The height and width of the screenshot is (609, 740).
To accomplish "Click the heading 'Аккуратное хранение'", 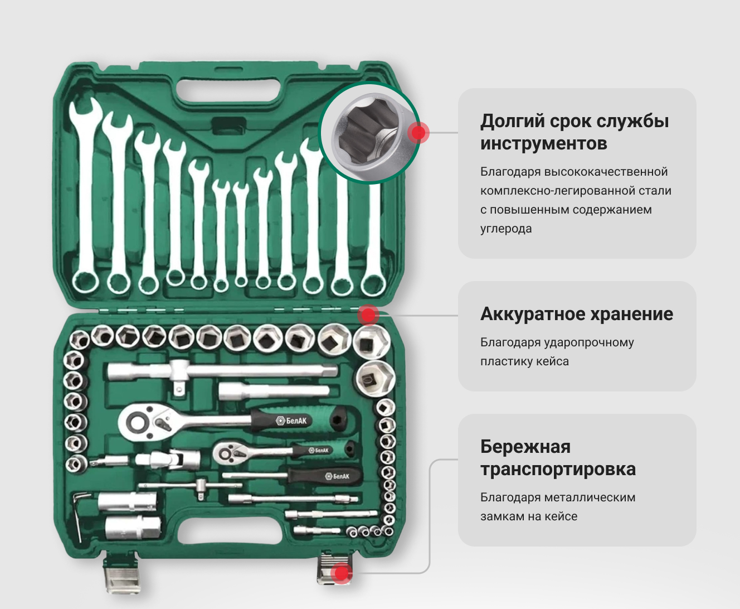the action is coord(577,314).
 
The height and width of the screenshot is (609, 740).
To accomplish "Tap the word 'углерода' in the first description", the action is coord(506,229).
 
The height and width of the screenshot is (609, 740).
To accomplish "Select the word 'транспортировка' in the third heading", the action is coord(558,469).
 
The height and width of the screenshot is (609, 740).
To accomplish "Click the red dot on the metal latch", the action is coord(342,573).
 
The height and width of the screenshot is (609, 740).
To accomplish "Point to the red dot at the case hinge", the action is coord(368,315).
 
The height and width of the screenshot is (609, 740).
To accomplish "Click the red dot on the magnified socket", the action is coord(418,132).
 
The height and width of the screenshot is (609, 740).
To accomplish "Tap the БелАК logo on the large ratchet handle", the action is coord(291,420).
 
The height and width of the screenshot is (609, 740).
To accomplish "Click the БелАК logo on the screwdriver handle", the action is coord(337,476).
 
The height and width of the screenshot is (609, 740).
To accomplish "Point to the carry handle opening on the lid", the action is coord(229,90).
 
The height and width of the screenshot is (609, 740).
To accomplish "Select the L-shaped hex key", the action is coord(80,516).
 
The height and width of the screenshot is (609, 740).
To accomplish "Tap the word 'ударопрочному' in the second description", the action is coord(589,342).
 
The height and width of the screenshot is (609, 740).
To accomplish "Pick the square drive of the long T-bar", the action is coord(179,389).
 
